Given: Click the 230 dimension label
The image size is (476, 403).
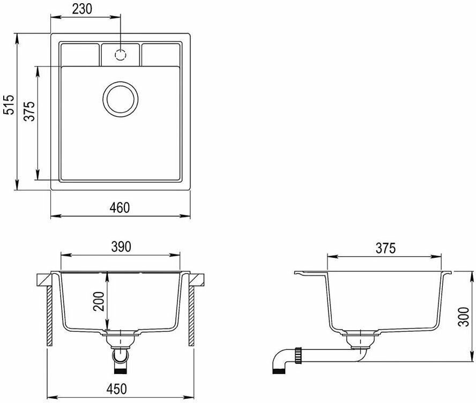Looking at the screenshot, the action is (x=82, y=9).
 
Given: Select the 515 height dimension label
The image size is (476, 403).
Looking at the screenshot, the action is (x=10, y=105).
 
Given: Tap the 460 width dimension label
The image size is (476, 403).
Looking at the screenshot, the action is (x=120, y=207).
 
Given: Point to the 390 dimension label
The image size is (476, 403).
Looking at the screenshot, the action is (x=121, y=247).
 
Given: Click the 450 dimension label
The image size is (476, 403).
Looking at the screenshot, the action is (x=116, y=389).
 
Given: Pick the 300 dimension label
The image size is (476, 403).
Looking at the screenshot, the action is (x=464, y=317).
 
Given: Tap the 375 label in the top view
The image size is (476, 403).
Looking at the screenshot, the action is (x=30, y=111).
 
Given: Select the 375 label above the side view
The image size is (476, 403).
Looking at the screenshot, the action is (x=386, y=248).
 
